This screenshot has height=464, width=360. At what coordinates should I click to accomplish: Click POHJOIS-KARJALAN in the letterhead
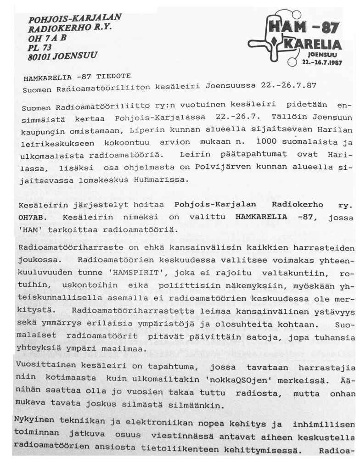coord(74,19)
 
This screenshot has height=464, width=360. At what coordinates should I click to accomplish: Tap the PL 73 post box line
coord(39,48)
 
